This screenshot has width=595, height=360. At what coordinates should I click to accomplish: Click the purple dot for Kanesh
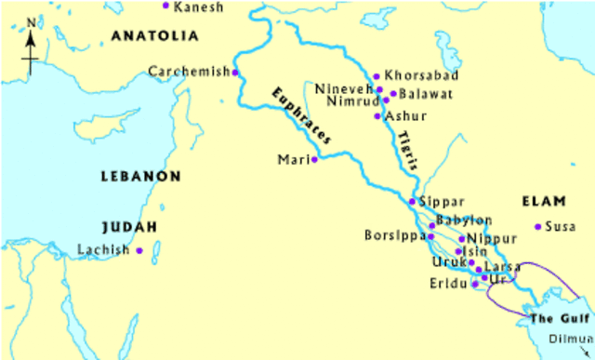click(x=166, y=6)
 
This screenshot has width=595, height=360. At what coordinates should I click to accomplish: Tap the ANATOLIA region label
click(x=154, y=36)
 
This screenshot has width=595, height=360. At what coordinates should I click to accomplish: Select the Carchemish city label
click(x=188, y=72)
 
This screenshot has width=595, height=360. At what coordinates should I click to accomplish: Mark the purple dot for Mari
click(x=314, y=159)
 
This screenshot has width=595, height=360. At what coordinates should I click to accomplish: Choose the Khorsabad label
click(x=414, y=75)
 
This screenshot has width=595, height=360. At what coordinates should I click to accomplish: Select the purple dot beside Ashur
click(x=377, y=116)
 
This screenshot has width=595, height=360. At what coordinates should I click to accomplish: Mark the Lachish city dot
click(x=139, y=250)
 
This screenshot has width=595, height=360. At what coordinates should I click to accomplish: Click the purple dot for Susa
click(x=537, y=226)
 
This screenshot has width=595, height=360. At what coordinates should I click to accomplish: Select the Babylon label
click(x=465, y=220)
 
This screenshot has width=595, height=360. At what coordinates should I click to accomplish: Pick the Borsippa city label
click(x=394, y=236)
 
